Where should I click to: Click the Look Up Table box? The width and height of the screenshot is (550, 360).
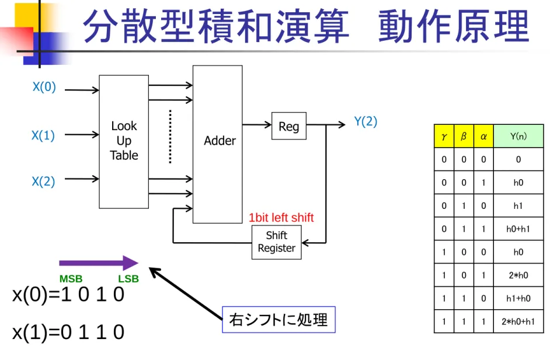pyautogui.click(x=124, y=142)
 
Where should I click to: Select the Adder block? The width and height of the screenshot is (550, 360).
pyautogui.click(x=217, y=144)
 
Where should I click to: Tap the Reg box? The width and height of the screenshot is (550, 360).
pyautogui.click(x=289, y=126)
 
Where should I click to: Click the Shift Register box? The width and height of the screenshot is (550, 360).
pyautogui.click(x=276, y=242)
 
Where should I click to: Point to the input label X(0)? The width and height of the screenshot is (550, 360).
pyautogui.click(x=44, y=86)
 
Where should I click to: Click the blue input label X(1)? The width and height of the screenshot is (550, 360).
pyautogui.click(x=43, y=135)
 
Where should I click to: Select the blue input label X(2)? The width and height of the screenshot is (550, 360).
pyautogui.click(x=43, y=181)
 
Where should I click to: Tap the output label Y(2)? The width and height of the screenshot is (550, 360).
pyautogui.click(x=365, y=121)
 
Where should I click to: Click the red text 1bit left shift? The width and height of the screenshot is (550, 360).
pyautogui.click(x=281, y=218)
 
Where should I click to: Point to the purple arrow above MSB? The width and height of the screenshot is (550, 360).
pyautogui.click(x=99, y=263)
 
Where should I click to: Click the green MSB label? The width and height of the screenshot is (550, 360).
pyautogui.click(x=71, y=279)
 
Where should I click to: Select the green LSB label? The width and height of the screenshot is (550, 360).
pyautogui.click(x=128, y=279)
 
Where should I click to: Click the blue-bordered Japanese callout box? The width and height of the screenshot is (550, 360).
pyautogui.click(x=279, y=319)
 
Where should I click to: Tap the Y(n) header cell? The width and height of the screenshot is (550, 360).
pyautogui.click(x=518, y=136)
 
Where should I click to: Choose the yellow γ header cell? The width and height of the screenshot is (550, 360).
pyautogui.click(x=444, y=136)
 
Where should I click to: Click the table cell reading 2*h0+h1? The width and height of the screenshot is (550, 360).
pyautogui.click(x=518, y=321)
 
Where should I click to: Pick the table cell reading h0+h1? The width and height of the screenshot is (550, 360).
pyautogui.click(x=518, y=229)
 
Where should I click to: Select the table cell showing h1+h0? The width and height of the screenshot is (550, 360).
pyautogui.click(x=518, y=298)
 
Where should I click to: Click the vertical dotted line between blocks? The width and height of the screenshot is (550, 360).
pyautogui.click(x=170, y=137)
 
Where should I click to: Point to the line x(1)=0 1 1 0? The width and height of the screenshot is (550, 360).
pyautogui.click(x=68, y=332)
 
